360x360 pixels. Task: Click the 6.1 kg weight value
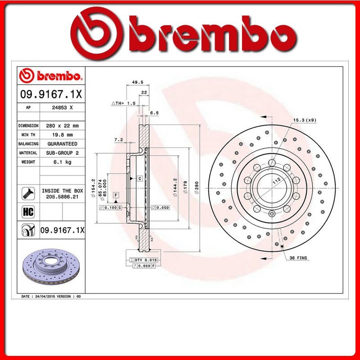(x=62, y=162)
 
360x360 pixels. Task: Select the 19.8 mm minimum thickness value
(x=62, y=135)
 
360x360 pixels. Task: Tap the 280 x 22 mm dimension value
(x=62, y=126)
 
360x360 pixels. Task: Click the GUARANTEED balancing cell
(x=62, y=144)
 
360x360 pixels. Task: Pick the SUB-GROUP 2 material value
(x=62, y=153)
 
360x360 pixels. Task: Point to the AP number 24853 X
(x=62, y=108)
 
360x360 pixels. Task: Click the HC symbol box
(x=28, y=211)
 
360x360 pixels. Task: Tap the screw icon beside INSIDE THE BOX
(x=28, y=193)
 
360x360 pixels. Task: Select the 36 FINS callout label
(x=298, y=258)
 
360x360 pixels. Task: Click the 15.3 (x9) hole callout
(x=305, y=120)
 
